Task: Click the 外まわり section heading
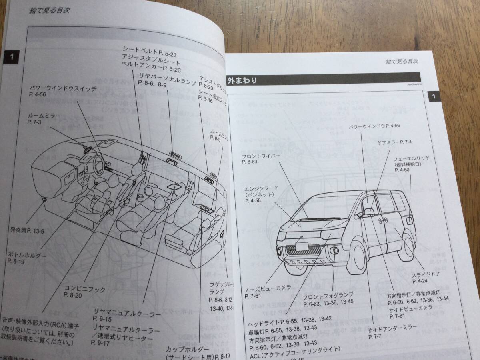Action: click(242, 80)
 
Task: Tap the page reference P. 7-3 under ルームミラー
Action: click(35, 121)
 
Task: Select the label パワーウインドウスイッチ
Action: click(63, 89)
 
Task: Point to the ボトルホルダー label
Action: click(27, 255)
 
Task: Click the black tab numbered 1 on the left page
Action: click(12, 57)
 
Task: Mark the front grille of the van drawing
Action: click(305, 250)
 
